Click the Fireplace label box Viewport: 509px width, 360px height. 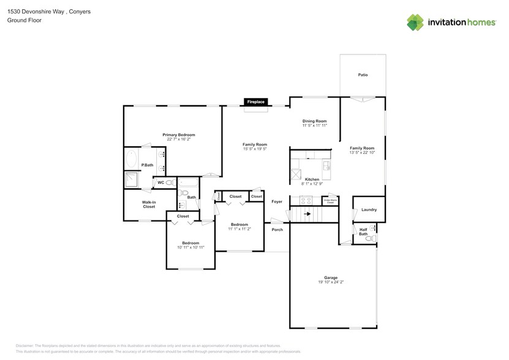[x=255, y=102]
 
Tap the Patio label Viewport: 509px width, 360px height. [x=363, y=75]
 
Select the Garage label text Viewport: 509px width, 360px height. [x=331, y=277]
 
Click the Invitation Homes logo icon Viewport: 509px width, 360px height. [x=416, y=22]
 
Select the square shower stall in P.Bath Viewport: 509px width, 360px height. [x=131, y=180]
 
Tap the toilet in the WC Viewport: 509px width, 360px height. [x=170, y=182]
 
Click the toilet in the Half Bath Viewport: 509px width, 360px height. [x=369, y=239]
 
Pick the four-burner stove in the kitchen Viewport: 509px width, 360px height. [x=305, y=200]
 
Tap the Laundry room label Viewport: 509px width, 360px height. [x=369, y=210]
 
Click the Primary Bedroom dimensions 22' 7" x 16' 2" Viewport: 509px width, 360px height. [x=178, y=139]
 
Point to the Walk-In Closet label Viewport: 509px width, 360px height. [x=148, y=204]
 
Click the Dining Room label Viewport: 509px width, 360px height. [x=314, y=121]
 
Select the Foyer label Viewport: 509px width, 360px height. [x=277, y=201]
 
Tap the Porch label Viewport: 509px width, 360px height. [x=277, y=230]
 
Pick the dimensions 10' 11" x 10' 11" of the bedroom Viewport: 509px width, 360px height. [x=190, y=247]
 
